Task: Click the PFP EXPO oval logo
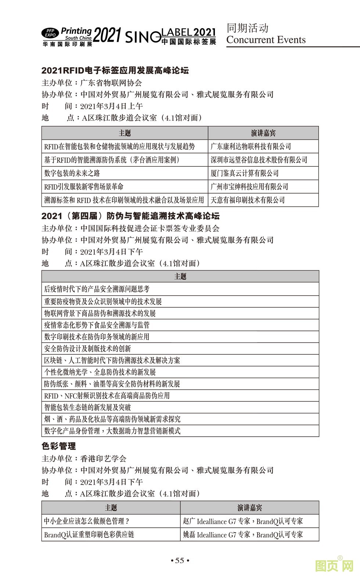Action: tap(50, 33)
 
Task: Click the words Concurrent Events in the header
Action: tap(266, 40)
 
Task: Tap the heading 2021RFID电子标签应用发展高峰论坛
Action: tap(115, 71)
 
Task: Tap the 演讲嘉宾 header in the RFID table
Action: tap(263, 133)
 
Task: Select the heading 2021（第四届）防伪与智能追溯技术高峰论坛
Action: tap(130, 216)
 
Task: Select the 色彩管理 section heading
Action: tap(59, 446)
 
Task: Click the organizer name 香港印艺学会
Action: tap(103, 459)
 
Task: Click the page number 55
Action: tap(180, 560)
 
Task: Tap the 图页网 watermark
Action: tap(334, 566)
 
